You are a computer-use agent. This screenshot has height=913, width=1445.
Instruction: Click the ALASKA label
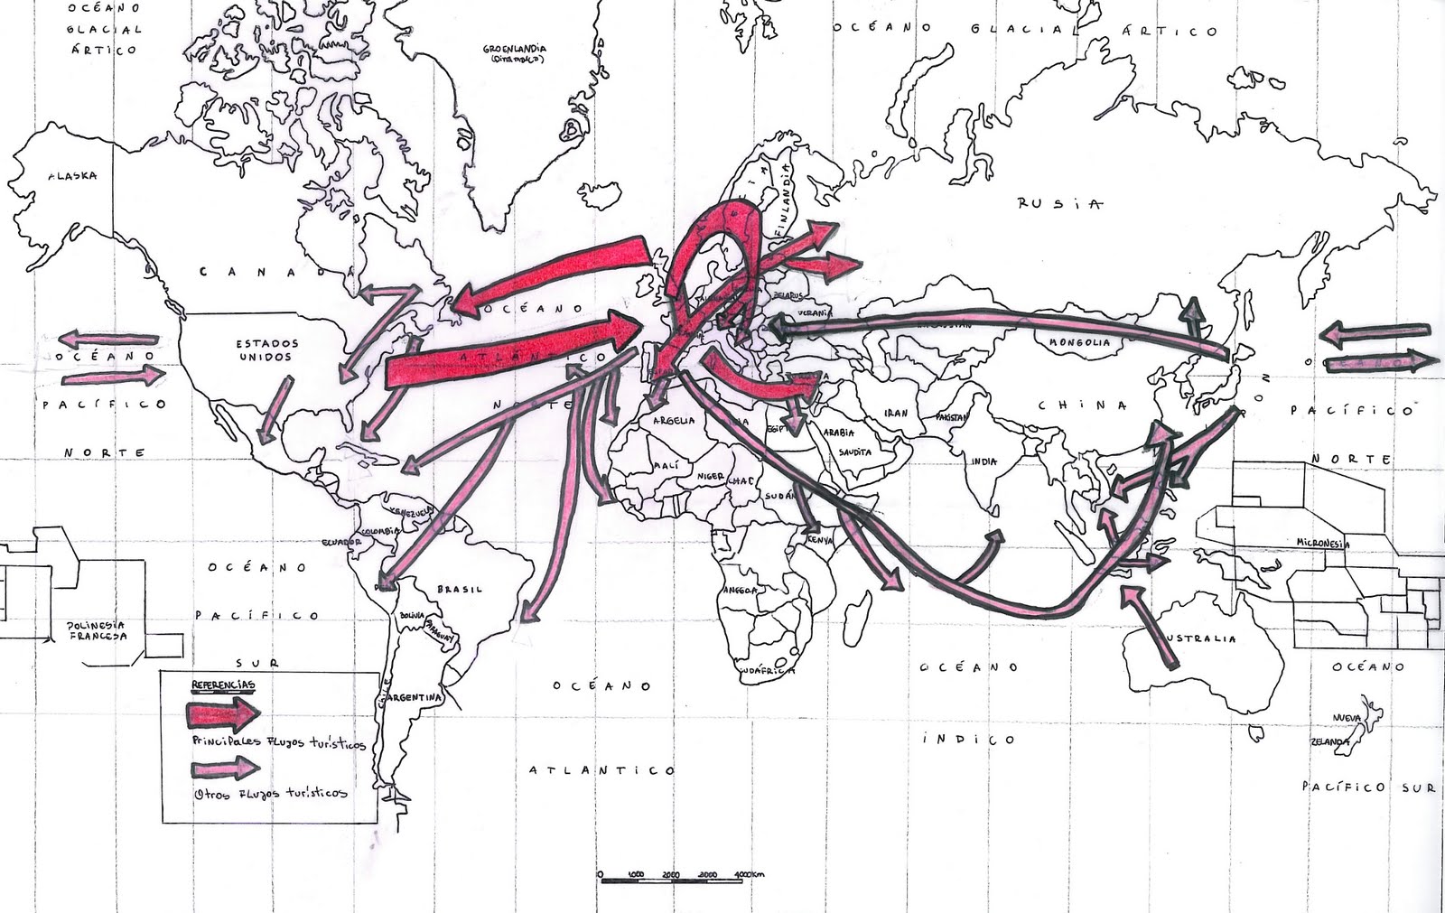point(72,176)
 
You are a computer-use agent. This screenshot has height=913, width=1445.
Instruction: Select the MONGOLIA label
point(1080,342)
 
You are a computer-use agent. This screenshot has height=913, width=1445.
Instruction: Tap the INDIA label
point(984,461)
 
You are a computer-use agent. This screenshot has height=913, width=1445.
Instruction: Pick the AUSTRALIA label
point(1200,638)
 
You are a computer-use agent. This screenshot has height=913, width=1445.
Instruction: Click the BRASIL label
point(460,589)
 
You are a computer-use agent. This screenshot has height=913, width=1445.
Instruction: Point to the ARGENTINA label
point(416,698)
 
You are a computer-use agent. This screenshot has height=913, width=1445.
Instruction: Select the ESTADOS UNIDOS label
point(266,350)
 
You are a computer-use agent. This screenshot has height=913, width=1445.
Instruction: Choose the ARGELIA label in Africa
point(668,421)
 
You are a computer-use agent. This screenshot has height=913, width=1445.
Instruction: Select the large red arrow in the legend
point(223,715)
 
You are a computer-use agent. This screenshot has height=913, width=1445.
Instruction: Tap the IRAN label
point(896,413)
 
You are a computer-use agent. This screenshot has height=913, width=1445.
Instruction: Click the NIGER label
point(709,473)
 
